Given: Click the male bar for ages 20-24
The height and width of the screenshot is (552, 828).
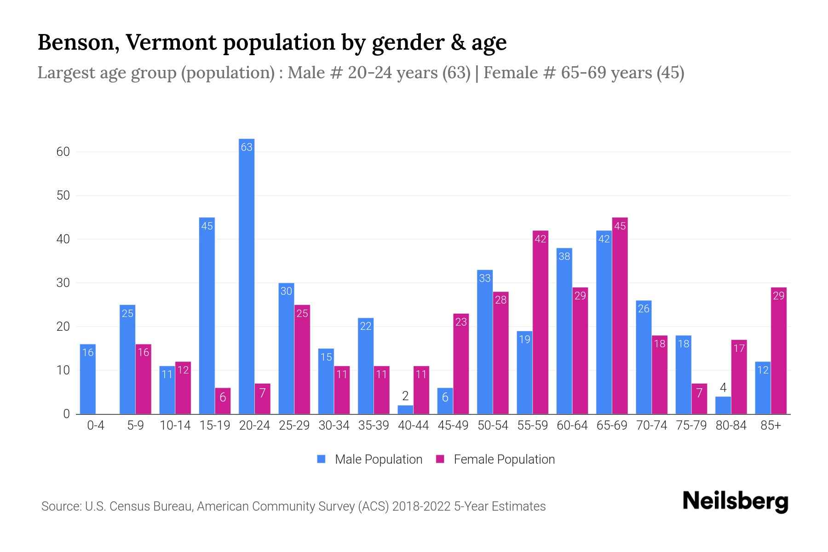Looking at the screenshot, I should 247,276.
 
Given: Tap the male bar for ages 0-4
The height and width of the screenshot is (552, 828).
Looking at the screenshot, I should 88,379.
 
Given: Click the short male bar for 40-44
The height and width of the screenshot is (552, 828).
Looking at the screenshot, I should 405,409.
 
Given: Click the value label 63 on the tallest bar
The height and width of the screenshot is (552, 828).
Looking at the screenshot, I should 247,147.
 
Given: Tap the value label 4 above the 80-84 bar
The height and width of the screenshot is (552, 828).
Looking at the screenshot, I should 723,387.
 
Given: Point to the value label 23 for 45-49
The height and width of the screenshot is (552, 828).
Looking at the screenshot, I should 461,322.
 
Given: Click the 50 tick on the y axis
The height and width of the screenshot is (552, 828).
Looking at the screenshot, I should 63,195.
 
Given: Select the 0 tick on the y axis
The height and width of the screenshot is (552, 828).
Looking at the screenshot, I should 66,414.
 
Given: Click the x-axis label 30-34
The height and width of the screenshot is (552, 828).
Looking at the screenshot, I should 334,425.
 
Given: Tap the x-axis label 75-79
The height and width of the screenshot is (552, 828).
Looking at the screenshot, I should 691,425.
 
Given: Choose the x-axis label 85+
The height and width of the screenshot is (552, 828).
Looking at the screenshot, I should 770,425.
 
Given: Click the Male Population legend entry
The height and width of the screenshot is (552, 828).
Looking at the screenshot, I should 378,459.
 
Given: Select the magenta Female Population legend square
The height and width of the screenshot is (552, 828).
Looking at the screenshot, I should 440,459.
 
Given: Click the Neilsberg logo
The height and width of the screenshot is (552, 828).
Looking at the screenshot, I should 735,501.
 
